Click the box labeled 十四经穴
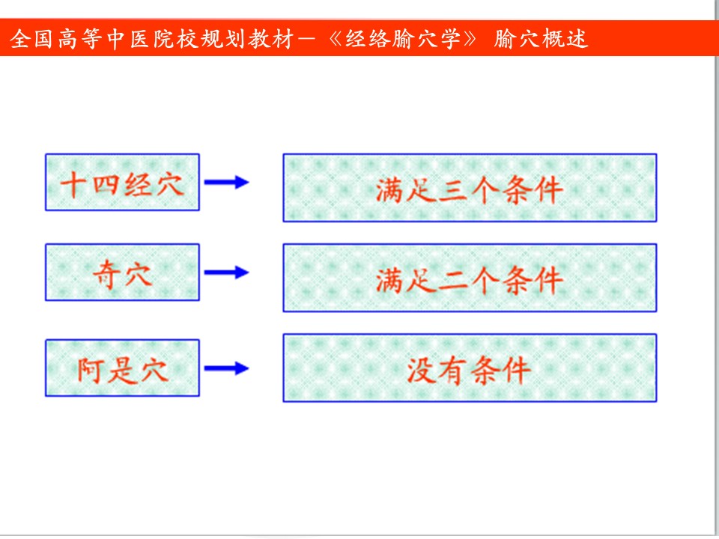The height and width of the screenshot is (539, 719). tap(122, 183)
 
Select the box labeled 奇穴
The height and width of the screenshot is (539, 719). tap(122, 272)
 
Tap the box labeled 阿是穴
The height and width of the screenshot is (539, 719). tap(122, 368)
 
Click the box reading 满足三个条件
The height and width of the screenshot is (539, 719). tap(470, 188)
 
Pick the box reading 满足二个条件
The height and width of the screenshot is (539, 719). tap(470, 278)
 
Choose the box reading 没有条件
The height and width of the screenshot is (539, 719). tap(470, 368)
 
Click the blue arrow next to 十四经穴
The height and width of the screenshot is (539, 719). tap(226, 182)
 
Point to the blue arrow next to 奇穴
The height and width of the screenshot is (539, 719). tap(226, 272)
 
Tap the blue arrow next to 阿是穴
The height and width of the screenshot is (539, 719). tap(226, 368)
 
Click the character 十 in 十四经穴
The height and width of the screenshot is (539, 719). tap(73, 184)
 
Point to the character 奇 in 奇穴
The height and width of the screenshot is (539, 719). tap(107, 275)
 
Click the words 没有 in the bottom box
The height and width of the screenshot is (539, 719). tap(437, 371)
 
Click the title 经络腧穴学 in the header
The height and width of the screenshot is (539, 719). tap(403, 38)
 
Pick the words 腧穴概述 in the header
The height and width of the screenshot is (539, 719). tap(541, 38)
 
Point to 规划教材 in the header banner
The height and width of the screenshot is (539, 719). tap(247, 38)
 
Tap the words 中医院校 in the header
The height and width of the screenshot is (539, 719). tap(153, 38)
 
